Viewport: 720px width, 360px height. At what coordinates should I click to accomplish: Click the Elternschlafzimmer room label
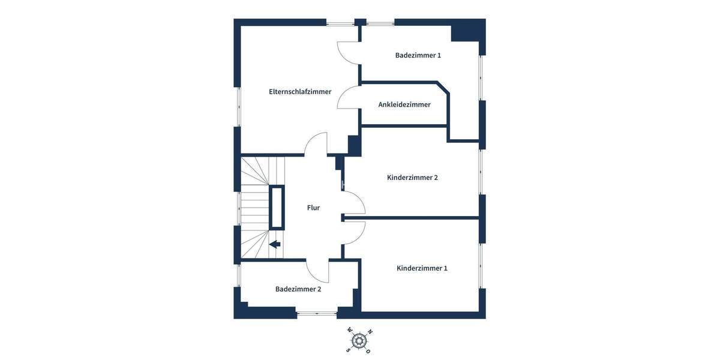click(300, 92)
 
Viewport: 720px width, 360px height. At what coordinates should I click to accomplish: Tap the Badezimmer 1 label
click(418, 55)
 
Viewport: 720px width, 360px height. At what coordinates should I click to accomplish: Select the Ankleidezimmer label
click(404, 104)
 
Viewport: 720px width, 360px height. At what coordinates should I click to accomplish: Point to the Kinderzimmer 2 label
click(412, 178)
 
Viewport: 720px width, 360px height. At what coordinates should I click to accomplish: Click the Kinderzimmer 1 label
click(422, 268)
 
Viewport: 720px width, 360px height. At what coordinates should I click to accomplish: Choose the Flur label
click(313, 208)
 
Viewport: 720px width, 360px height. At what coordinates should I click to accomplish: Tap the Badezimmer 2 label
click(298, 289)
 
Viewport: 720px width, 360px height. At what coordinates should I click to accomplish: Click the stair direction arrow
click(275, 244)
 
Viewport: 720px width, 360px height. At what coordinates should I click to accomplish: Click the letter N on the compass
click(370, 332)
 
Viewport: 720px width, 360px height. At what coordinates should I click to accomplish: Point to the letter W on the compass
click(349, 330)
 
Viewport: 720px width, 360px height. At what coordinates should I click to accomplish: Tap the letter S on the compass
click(348, 350)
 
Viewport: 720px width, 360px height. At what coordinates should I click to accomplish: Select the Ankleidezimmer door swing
click(348, 97)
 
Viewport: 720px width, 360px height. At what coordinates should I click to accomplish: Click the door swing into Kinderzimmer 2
click(354, 203)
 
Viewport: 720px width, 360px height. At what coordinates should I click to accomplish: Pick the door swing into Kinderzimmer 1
click(354, 233)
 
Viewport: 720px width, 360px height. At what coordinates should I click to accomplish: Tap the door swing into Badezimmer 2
click(318, 271)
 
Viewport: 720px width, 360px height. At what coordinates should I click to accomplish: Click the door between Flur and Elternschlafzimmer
click(316, 144)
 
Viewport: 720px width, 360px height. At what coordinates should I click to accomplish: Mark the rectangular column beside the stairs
click(277, 207)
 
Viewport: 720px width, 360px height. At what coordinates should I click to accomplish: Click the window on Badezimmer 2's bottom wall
click(317, 313)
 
